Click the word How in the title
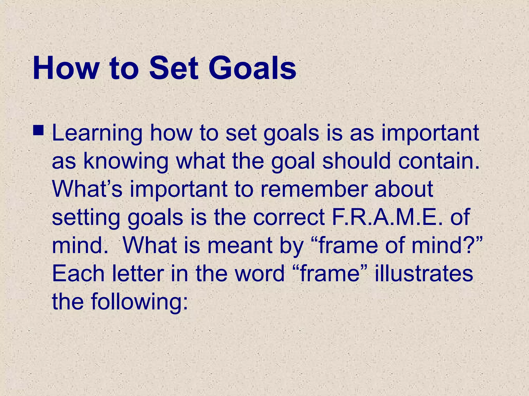[66, 68]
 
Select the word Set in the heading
[174, 68]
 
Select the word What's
[87, 189]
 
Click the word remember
[313, 189]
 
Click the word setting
[86, 218]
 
